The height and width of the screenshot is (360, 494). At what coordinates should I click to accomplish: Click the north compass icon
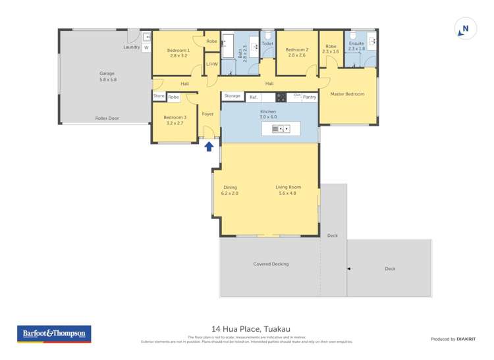(x=465, y=29)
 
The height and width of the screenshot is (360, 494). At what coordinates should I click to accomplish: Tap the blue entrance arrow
(x=209, y=146)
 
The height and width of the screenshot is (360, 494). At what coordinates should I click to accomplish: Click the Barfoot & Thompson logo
(x=54, y=334)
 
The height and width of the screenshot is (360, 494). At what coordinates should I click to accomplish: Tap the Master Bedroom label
(x=347, y=94)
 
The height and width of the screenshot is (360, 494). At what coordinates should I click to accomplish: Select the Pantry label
(x=310, y=97)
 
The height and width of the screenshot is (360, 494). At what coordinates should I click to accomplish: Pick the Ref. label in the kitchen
(x=254, y=97)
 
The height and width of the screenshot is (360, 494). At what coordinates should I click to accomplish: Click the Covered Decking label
(x=271, y=264)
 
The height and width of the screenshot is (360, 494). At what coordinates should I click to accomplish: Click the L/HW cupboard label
(x=211, y=64)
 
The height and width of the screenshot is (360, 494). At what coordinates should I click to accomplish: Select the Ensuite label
(x=356, y=46)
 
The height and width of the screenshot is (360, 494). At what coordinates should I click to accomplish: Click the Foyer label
(x=207, y=114)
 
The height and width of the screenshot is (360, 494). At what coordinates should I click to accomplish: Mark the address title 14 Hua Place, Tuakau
(x=247, y=328)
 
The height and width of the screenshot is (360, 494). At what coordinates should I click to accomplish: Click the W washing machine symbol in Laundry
(x=146, y=47)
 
